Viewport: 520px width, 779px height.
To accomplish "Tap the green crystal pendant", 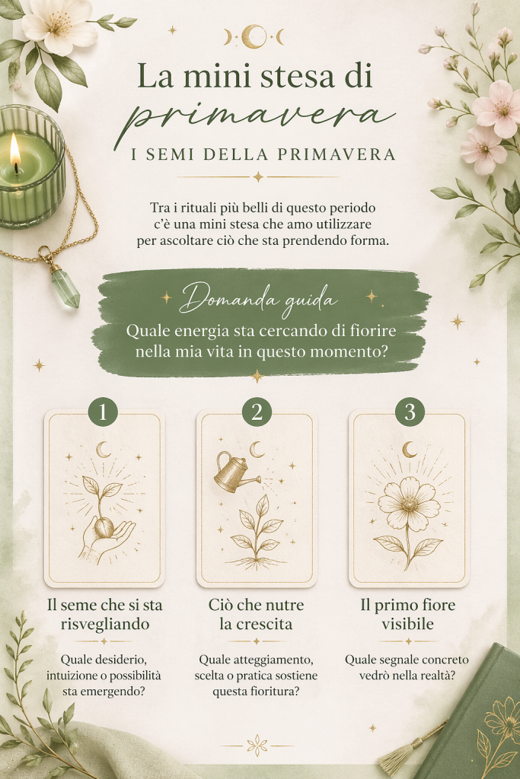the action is [66, 288].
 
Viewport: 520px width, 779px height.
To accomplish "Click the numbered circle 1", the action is [103, 412].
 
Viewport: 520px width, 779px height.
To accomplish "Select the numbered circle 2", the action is [257, 412].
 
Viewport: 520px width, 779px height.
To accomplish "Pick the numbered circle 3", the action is [410, 412].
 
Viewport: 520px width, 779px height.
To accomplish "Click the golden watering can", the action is [234, 471].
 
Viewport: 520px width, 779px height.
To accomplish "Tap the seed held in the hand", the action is [104, 528].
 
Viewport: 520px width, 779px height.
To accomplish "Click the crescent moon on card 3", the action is [410, 450].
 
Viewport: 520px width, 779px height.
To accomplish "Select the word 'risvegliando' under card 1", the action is [105, 624].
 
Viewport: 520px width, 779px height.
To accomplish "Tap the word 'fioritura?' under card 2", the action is [279, 691].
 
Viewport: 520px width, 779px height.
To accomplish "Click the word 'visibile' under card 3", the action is [407, 624].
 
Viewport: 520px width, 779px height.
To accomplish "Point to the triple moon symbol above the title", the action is [254, 37].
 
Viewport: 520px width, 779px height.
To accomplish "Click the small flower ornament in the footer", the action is [257, 746].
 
